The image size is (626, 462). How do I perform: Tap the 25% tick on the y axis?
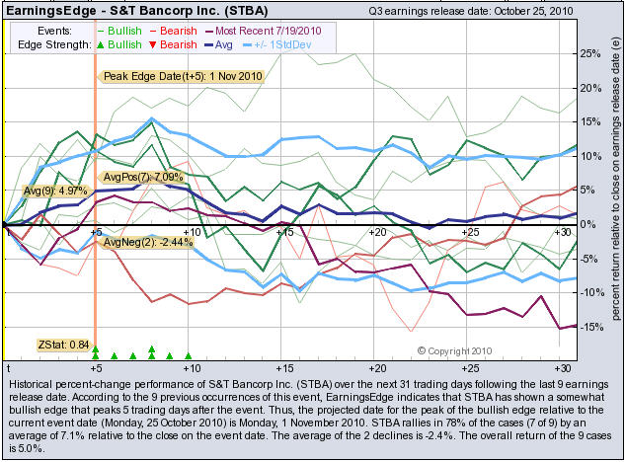pyautogui.click(x=590, y=53)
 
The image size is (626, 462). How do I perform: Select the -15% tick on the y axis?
pyautogui.click(x=589, y=327)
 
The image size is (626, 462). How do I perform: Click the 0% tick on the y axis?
pyautogui.click(x=587, y=224)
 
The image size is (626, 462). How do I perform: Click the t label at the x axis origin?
pyautogui.click(x=8, y=367)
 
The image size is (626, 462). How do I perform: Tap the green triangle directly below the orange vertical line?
pyautogui.click(x=96, y=350)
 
